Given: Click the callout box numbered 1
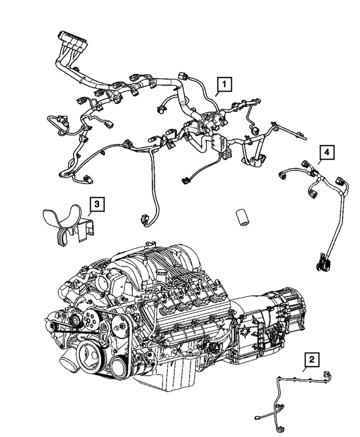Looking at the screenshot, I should pos(224,85).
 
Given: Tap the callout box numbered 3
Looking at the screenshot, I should pos(97,204).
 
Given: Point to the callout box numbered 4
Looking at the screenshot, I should pos(326,152).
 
